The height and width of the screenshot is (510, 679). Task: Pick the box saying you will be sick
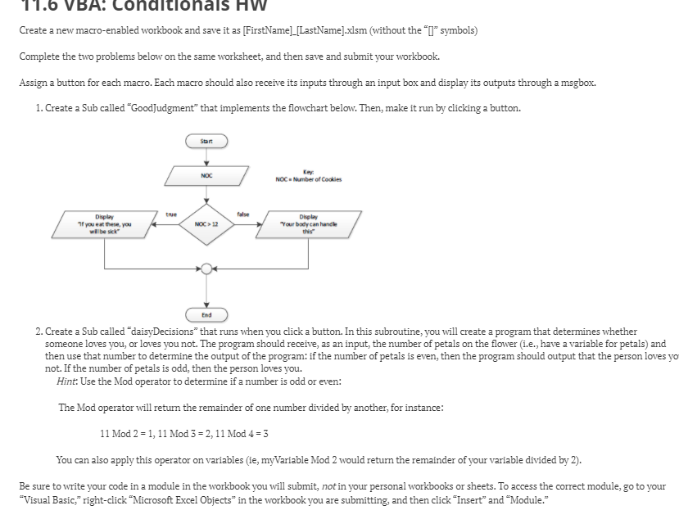104,222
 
